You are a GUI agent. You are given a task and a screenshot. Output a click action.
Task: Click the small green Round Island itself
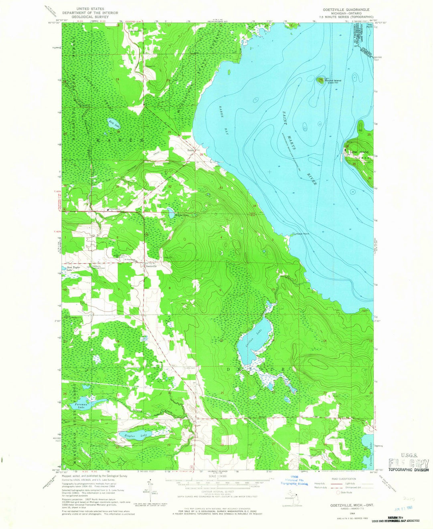pos(321,80)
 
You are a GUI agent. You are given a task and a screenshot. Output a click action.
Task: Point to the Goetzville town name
pos(151,265)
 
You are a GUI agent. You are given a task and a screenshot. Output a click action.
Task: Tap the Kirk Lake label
pos(116,125)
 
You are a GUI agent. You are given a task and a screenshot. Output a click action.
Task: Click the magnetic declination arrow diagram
pos(146,493)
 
